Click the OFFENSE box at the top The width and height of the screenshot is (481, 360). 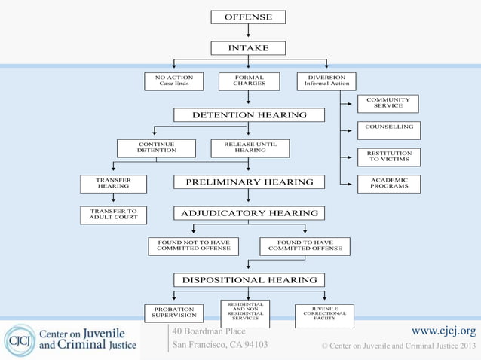[x=248, y=17]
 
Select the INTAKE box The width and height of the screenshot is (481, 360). [x=248, y=48]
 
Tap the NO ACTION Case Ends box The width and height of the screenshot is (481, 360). [x=174, y=81]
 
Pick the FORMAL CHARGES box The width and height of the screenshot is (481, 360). [x=249, y=81]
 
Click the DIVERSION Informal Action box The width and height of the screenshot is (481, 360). [x=326, y=81]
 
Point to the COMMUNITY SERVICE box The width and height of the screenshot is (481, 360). [x=388, y=103]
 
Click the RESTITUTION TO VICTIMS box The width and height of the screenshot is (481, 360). [x=388, y=157]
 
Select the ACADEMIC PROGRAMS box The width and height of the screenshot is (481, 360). [x=388, y=184]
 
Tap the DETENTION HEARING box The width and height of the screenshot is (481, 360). [x=249, y=115]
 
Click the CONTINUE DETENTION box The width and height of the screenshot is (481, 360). [x=156, y=148]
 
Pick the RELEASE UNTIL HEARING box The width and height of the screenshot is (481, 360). [x=250, y=148]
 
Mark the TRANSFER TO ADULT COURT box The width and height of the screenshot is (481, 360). [x=113, y=215]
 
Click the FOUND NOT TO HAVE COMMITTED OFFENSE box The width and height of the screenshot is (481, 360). [x=193, y=246]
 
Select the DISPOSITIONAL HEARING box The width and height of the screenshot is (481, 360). [x=249, y=280]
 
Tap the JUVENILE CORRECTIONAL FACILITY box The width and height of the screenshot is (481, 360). [x=324, y=314]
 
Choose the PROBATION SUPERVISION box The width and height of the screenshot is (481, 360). [x=174, y=313]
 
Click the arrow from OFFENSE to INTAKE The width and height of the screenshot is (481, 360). [x=248, y=31]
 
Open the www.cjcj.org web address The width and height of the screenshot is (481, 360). [x=443, y=331]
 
